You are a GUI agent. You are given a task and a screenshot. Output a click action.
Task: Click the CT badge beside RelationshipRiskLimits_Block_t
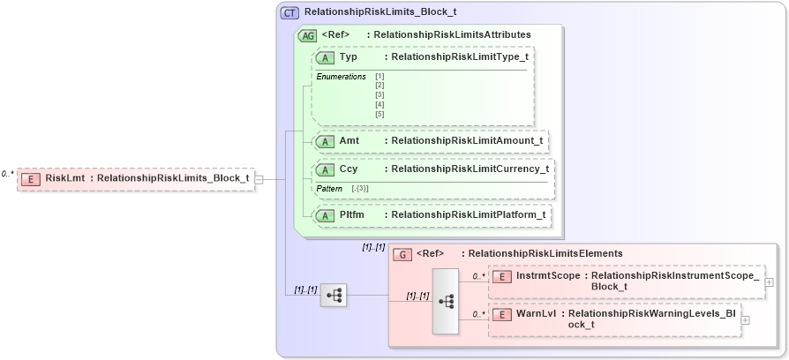(x=289, y=13)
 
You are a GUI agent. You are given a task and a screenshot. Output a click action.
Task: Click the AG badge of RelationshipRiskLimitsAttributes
(x=308, y=35)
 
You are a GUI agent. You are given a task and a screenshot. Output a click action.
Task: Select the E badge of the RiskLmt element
(x=30, y=178)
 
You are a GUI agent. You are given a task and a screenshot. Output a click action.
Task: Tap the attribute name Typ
(x=348, y=56)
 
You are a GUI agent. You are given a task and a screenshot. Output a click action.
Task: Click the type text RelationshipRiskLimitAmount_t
(x=467, y=140)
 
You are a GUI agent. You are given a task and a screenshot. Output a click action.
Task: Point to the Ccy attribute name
(x=348, y=169)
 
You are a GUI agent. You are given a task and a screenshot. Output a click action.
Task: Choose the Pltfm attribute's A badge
(x=324, y=214)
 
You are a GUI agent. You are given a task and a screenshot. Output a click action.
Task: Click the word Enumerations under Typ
(x=341, y=77)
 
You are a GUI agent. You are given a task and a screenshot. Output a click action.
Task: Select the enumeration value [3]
(x=379, y=94)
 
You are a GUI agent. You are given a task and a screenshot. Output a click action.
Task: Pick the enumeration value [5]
(x=379, y=114)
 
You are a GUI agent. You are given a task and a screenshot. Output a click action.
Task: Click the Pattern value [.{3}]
(x=359, y=189)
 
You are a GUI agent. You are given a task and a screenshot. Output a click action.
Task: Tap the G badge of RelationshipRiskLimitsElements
(x=402, y=254)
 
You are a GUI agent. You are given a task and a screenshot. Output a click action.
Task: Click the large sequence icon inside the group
(x=446, y=301)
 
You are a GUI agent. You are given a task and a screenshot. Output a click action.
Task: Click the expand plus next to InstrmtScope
(x=770, y=281)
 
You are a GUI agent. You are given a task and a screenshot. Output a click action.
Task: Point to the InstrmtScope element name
(x=548, y=276)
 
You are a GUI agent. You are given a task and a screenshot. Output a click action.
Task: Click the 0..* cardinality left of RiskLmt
(x=8, y=174)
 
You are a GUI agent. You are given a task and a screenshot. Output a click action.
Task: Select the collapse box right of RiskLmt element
(x=259, y=179)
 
